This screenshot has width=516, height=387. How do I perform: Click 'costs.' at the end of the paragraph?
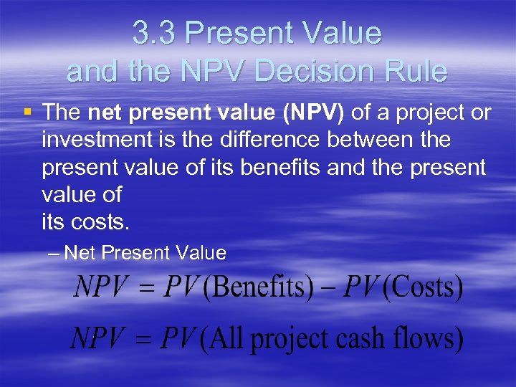tap(100, 222)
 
